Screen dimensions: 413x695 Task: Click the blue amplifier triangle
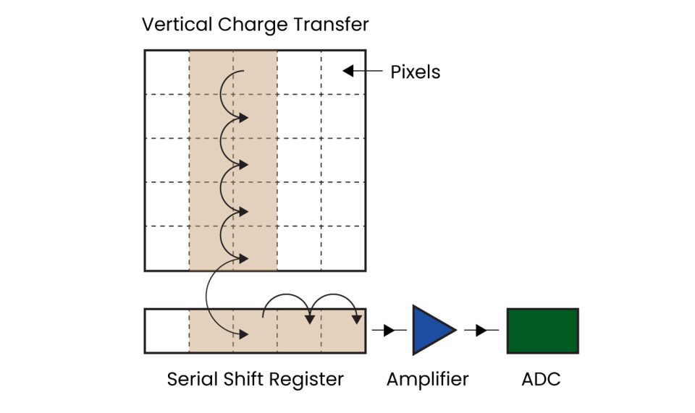(x=431, y=330)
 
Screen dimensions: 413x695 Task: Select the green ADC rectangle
(x=542, y=331)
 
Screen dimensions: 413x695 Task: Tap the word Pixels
(x=416, y=72)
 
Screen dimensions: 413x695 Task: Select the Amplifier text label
(x=427, y=379)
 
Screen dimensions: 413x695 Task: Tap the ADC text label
(x=542, y=379)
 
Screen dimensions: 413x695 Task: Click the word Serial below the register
(x=191, y=379)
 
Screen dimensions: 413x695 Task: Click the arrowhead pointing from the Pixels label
(x=347, y=71)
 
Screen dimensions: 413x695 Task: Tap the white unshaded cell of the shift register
(x=167, y=331)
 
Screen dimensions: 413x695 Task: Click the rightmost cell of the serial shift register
(x=343, y=331)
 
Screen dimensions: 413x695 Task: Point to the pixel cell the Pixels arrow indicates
(x=343, y=72)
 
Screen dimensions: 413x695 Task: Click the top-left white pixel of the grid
(x=167, y=72)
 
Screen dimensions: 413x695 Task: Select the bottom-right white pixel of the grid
(x=343, y=248)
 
